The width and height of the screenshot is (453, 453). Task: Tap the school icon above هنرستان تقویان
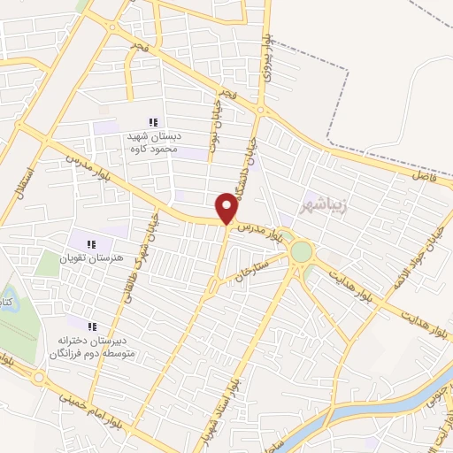(x=89, y=243)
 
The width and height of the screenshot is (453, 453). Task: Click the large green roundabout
(x=302, y=251)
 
